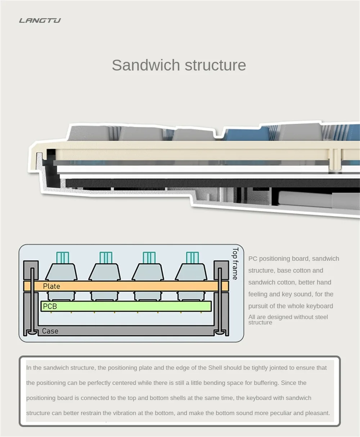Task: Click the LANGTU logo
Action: click(40, 21)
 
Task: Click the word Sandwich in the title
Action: click(145, 65)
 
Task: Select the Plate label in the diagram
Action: click(51, 286)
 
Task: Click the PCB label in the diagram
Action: click(50, 306)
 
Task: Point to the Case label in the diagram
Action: click(50, 331)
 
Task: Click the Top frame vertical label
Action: click(235, 264)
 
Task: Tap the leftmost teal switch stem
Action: click(62, 258)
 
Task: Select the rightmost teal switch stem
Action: click(192, 258)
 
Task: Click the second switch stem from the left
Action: click(106, 258)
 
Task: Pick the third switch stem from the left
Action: click(149, 258)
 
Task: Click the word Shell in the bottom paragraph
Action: click(215, 368)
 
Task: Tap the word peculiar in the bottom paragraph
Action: click(278, 413)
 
